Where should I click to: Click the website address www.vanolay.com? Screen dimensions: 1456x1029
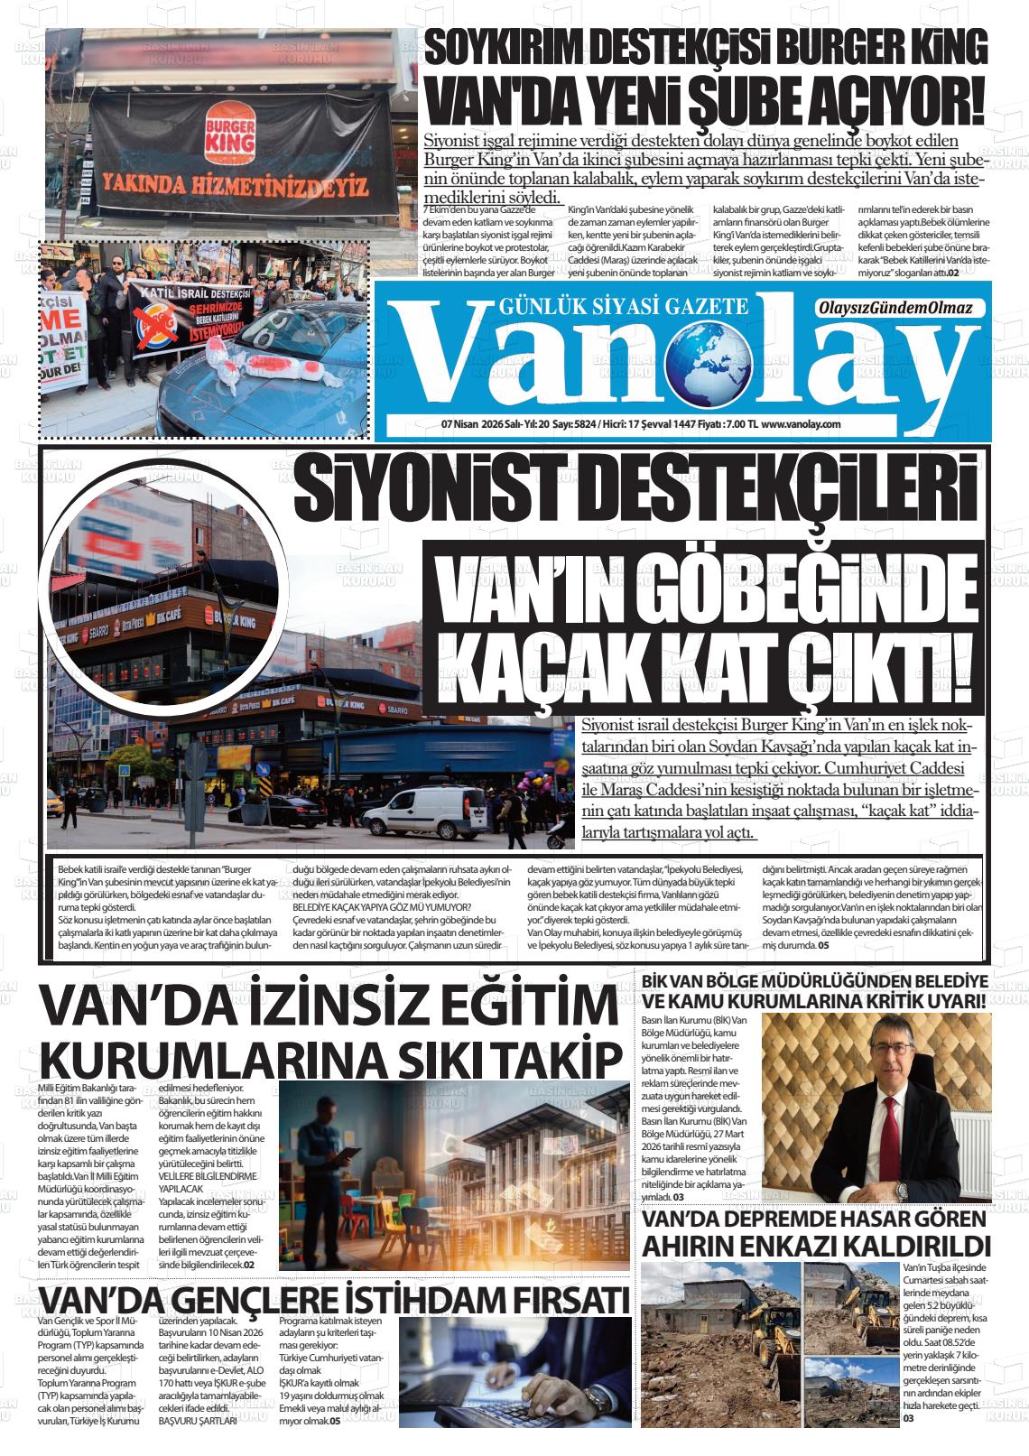pos(802,424)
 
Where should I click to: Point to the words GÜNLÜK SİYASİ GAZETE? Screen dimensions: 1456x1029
pos(623,307)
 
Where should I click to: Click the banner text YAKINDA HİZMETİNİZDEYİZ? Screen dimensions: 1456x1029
pos(236,186)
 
